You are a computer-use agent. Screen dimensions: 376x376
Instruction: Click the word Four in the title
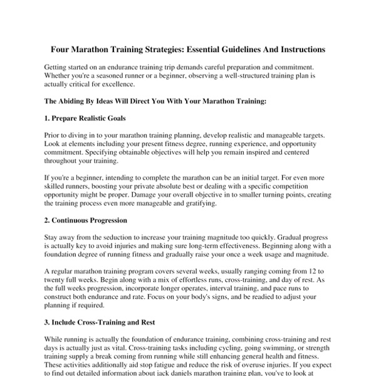pyautogui.click(x=61, y=48)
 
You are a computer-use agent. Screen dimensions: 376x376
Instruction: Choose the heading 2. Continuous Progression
pyautogui.click(x=86, y=221)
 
